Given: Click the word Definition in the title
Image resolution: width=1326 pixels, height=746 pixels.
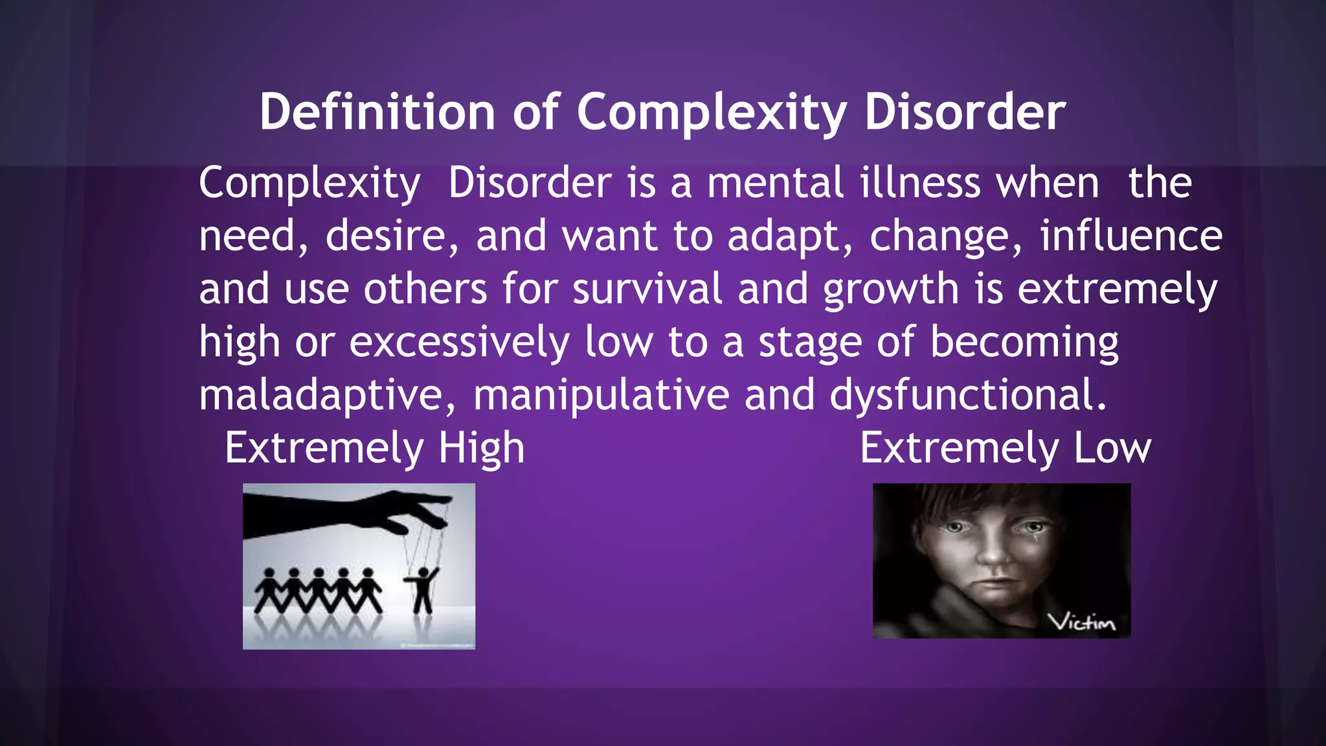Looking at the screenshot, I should click(377, 112).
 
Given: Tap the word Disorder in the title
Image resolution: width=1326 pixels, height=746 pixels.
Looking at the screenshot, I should click(965, 112).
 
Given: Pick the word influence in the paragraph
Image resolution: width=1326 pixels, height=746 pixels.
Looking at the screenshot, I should click(1131, 236).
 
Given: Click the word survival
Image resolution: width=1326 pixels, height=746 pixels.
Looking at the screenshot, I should click(647, 289).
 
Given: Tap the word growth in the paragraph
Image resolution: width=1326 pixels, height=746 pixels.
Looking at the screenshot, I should click(891, 290).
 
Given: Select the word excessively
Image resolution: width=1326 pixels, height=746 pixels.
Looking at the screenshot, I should click(459, 342).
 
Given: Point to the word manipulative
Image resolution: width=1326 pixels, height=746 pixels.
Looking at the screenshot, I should click(601, 395).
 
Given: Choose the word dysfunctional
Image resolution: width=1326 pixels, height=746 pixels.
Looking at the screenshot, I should click(968, 395).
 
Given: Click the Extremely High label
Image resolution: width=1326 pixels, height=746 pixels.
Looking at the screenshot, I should click(374, 448).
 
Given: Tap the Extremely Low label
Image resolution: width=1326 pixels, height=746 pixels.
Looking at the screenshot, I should click(1006, 448).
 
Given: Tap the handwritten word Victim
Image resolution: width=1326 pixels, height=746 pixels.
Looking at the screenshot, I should click(1082, 622).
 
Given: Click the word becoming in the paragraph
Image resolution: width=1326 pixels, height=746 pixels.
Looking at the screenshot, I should click(1024, 343).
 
